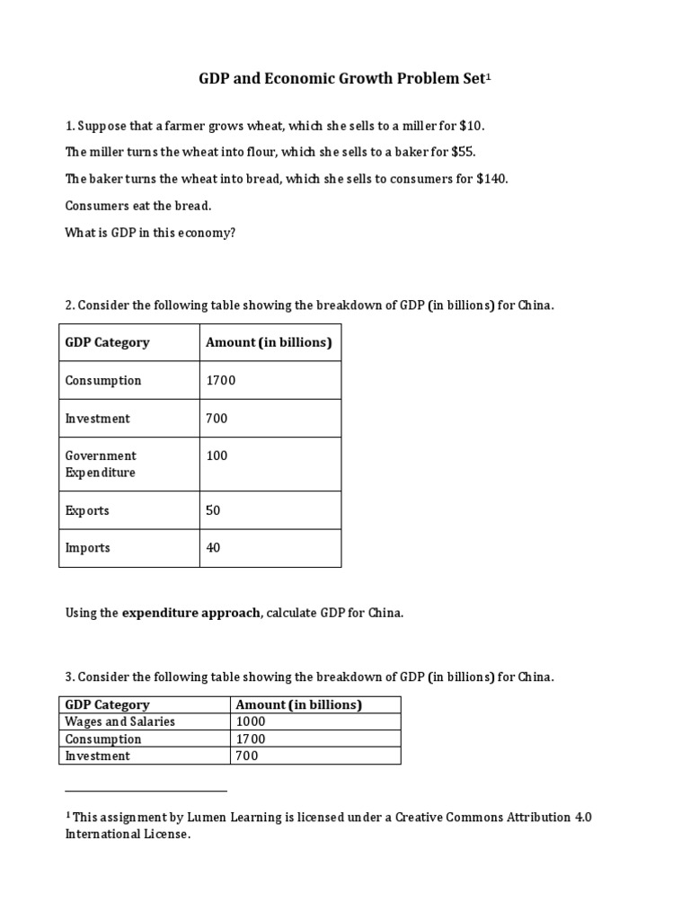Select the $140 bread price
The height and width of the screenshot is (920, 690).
493,179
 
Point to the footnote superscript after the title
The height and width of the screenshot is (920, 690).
489,76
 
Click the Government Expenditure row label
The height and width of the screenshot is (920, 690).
101,464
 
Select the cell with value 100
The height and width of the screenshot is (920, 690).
217,456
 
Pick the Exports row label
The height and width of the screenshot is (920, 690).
87,510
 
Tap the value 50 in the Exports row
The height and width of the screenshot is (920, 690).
214,510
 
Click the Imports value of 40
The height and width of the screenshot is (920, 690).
214,548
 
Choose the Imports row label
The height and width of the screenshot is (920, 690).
87,548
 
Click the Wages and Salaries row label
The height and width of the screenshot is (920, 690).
120,721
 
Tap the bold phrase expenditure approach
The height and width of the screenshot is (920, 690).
191,613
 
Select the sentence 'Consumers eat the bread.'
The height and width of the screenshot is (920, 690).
138,206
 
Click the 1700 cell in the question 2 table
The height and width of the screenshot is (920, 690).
221,380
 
